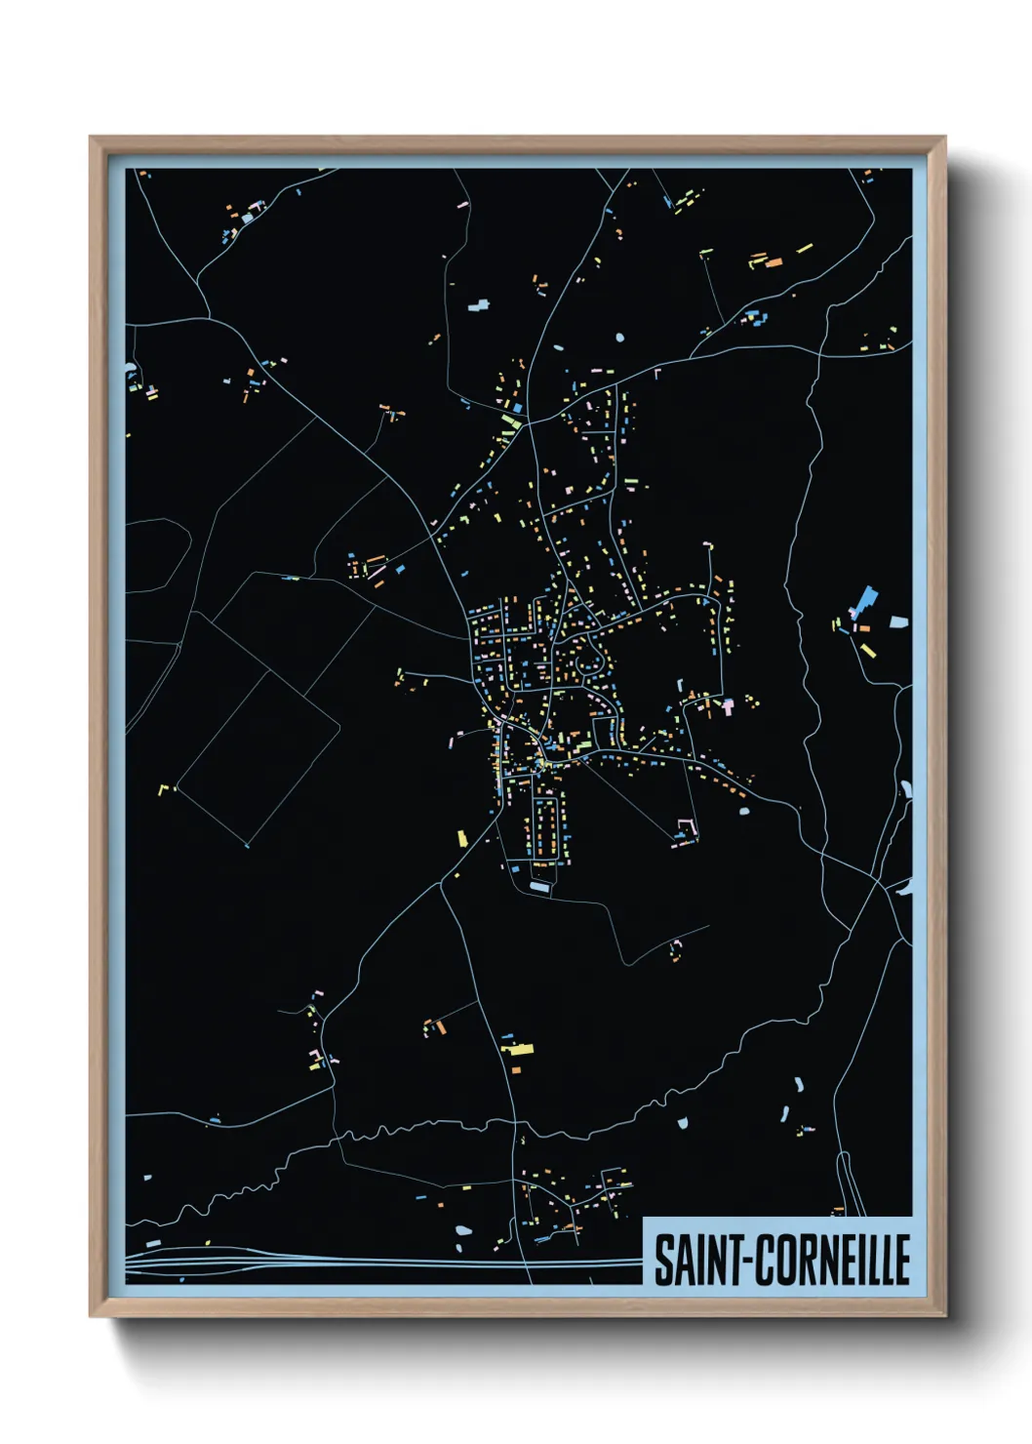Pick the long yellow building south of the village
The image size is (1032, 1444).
518,1050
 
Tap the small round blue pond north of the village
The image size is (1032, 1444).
619,339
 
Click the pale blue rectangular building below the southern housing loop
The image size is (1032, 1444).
539,886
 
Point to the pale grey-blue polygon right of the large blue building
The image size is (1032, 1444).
898,621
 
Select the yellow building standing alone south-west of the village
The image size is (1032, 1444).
462,837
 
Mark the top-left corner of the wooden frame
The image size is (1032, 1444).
92,139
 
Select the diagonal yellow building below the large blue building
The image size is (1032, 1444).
867,649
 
